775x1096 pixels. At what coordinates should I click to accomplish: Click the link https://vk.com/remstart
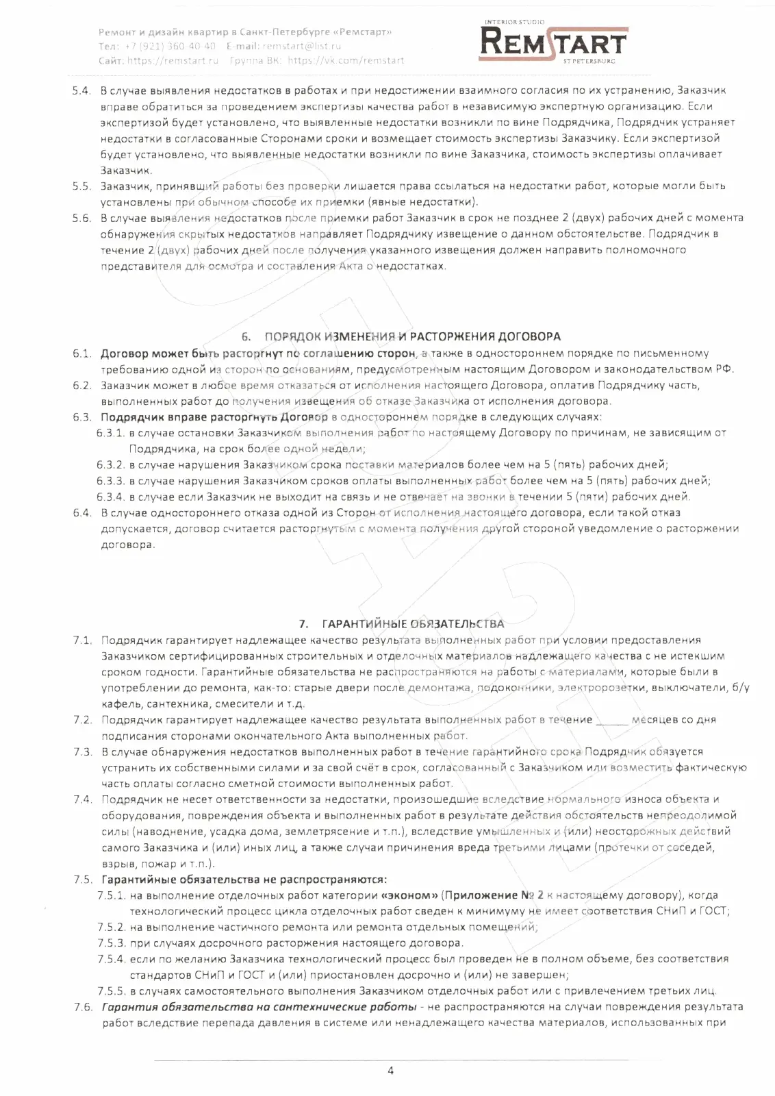(x=346, y=60)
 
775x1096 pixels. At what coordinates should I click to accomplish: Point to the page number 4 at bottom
(x=390, y=1071)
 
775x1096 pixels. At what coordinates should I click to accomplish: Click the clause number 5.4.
(x=81, y=90)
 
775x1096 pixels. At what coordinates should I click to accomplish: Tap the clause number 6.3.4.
(x=110, y=497)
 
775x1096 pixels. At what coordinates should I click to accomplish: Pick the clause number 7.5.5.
(x=111, y=991)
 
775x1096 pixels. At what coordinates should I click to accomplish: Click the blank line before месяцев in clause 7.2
(x=612, y=720)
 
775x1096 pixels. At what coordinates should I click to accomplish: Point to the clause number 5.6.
(x=81, y=218)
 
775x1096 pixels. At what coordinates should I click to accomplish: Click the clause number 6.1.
(x=82, y=353)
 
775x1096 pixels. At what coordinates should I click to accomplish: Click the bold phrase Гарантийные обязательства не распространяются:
(x=244, y=880)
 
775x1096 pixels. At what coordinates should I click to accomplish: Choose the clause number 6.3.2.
(x=110, y=464)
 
